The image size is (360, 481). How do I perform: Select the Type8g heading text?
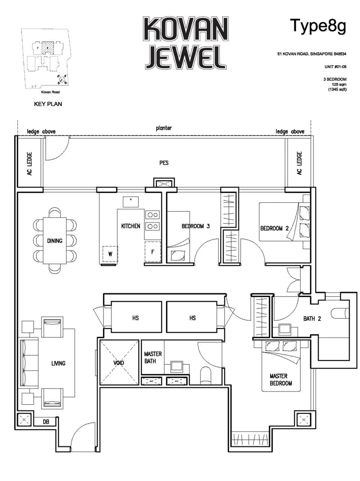pos(318,26)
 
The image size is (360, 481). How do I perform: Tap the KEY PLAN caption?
pos(48,104)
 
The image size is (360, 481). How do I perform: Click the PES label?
pos(164,163)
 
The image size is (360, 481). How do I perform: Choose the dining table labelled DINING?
pos(55,241)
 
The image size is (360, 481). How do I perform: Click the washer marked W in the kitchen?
pos(110,254)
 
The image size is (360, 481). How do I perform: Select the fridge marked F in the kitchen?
pos(153,252)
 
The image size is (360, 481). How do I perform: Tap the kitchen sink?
pos(130,202)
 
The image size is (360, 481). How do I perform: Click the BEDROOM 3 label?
pos(195,226)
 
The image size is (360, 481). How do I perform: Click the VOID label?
pos(119,363)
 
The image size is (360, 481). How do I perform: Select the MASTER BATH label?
pos(153,357)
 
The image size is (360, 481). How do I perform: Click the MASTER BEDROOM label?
pos(281,379)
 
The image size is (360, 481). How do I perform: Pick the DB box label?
pos(45,422)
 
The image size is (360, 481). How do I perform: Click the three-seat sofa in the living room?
pos(29,363)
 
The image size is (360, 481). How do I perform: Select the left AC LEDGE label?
pos(30,163)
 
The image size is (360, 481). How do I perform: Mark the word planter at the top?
pos(164,128)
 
